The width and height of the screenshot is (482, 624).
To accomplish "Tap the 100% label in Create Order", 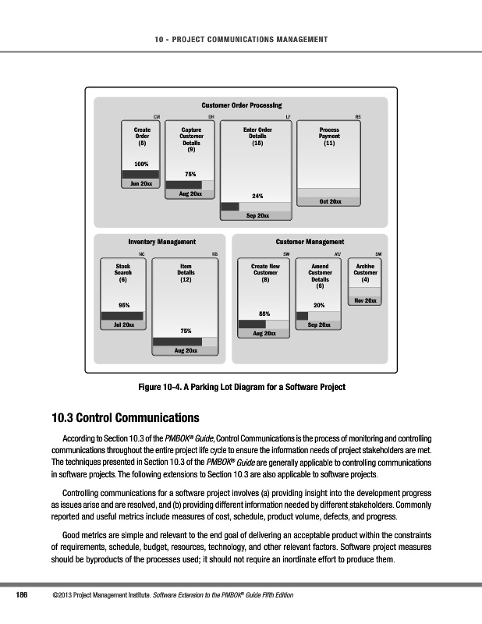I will pyautogui.click(x=142, y=164).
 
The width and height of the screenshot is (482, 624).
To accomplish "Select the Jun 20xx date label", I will pyautogui.click(x=141, y=183).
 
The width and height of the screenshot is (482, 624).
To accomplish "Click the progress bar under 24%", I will pyautogui.click(x=256, y=207).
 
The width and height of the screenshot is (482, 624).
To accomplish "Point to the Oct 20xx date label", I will pyautogui.click(x=330, y=201).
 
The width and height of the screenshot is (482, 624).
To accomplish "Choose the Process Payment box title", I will pyautogui.click(x=330, y=137).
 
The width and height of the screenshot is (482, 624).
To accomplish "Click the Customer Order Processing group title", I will pyautogui.click(x=241, y=105).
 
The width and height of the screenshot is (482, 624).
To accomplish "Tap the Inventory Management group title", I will pyautogui.click(x=161, y=243).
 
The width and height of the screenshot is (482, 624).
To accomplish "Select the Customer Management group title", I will pyautogui.click(x=310, y=243).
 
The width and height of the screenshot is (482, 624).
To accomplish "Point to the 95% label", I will pyautogui.click(x=122, y=304).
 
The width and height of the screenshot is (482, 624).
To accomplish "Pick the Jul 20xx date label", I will pyautogui.click(x=122, y=324).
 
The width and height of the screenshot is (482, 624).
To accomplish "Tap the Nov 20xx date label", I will pyautogui.click(x=365, y=300).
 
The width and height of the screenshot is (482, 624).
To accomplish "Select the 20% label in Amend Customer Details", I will pyautogui.click(x=319, y=305).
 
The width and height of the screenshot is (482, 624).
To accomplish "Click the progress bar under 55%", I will pyautogui.click(x=265, y=324).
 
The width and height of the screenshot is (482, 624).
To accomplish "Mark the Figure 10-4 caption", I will pyautogui.click(x=241, y=387).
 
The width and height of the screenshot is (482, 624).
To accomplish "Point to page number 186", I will pyautogui.click(x=23, y=596).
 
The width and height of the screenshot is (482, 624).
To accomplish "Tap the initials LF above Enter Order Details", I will pyautogui.click(x=289, y=117).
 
